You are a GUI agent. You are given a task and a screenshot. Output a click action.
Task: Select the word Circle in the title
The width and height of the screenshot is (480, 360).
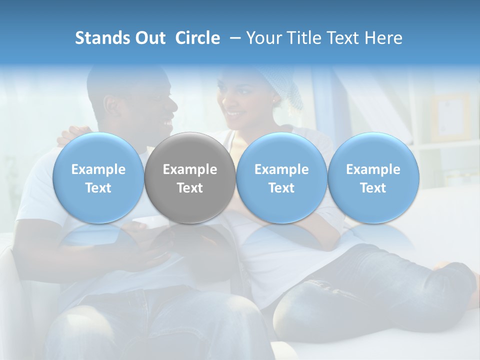point(197,38)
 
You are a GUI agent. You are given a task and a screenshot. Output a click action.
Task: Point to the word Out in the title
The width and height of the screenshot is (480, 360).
point(150,38)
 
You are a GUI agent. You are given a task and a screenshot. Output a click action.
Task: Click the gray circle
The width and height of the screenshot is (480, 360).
point(190,178)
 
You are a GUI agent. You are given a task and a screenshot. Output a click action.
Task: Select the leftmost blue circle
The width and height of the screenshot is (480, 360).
point(98,178)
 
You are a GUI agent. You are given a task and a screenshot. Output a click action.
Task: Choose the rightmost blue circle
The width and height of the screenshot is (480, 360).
point(373,178)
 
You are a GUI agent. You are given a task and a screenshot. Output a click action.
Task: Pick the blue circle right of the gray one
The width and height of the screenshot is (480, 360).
point(281,178)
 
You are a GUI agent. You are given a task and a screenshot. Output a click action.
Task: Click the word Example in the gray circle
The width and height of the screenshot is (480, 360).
point(190,169)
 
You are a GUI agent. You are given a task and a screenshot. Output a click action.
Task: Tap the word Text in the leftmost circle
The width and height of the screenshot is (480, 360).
point(98,188)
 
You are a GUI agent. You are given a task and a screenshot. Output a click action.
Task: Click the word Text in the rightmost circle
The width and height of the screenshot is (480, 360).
point(373,188)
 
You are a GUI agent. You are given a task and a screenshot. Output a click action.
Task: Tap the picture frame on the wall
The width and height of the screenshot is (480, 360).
point(450,117)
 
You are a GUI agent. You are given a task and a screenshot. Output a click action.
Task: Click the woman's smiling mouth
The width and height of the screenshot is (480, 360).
point(234,114)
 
